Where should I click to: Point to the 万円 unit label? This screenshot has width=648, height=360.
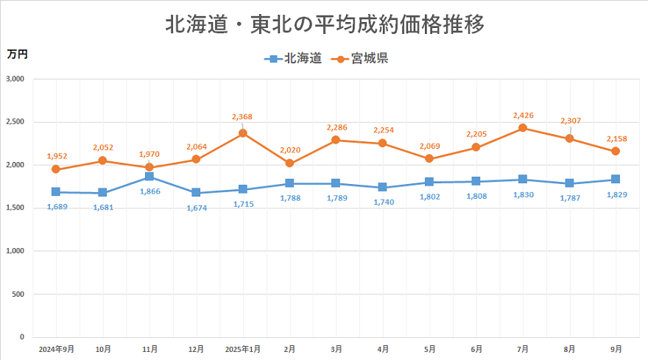coord(17,54)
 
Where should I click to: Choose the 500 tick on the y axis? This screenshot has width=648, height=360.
coord(18,294)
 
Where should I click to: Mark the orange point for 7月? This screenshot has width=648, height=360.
coord(523,128)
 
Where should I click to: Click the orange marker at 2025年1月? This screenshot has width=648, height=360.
coord(242,133)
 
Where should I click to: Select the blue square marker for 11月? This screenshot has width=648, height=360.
coord(149,177)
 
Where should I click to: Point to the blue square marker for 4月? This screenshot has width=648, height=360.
coord(382,187)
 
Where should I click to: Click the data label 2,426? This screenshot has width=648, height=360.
coord(522,116)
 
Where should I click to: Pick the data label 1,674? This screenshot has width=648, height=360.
coord(196,208)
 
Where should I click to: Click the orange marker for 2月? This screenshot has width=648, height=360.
coord(289,163)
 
